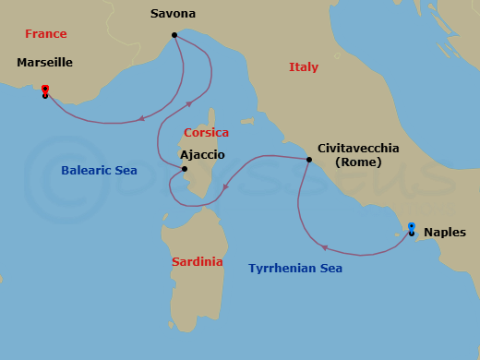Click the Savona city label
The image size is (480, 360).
(x=173, y=14)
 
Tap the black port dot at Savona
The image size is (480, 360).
(x=174, y=36)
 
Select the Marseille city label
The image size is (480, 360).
(x=44, y=63)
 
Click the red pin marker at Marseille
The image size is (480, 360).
(x=44, y=90)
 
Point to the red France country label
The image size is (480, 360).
(x=45, y=34)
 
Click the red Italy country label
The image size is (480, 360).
(x=304, y=67)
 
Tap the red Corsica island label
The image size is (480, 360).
(x=206, y=133)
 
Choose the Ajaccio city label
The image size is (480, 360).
(x=202, y=156)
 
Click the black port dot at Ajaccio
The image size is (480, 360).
(x=185, y=169)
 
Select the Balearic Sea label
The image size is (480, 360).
(x=99, y=170)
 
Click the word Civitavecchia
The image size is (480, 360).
(x=358, y=148)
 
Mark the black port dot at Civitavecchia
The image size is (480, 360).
(x=309, y=160)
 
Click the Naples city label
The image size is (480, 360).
(x=445, y=233)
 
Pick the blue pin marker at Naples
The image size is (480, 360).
(x=412, y=227)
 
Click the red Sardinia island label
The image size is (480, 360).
(x=198, y=261)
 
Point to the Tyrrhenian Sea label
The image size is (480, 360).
(x=295, y=269)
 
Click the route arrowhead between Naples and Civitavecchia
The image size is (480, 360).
(x=324, y=246)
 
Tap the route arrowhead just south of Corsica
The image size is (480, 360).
(x=225, y=190)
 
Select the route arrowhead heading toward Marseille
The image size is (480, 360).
(x=141, y=118)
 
